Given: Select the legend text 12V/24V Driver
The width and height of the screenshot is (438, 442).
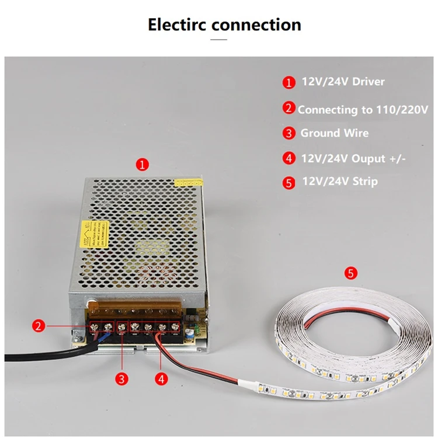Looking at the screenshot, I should [x=343, y=82].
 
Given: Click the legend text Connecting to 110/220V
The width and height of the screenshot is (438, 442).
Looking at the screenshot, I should [x=363, y=109].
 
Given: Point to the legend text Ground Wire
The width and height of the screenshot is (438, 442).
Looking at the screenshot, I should [x=334, y=133].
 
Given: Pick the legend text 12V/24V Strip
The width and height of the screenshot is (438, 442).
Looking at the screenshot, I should [x=339, y=181].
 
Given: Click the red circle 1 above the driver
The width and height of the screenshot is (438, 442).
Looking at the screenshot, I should [x=143, y=164].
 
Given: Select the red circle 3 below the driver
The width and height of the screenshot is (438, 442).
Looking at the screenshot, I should [x=121, y=379].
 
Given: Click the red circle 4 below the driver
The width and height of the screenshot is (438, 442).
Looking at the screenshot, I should [x=162, y=379].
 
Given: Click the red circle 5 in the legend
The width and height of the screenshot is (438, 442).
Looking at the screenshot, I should [x=289, y=183].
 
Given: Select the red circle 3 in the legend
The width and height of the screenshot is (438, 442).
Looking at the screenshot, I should [x=289, y=134].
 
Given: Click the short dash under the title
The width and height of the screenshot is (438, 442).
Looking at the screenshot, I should [x=218, y=40].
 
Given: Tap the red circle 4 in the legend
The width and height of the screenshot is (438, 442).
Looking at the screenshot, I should [x=289, y=158].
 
